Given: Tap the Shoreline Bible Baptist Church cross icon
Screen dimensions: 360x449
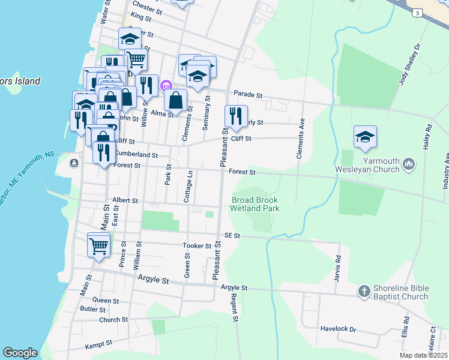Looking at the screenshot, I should click(x=363, y=292).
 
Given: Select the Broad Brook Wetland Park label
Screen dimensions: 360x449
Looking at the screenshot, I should click(x=256, y=204).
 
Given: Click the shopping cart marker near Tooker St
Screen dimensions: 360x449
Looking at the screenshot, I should click(x=99, y=244).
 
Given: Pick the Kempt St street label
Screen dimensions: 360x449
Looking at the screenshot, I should click(x=99, y=344).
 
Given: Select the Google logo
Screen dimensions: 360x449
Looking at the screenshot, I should click(x=20, y=353).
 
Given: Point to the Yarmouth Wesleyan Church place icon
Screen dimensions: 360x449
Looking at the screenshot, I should click(x=408, y=164).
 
